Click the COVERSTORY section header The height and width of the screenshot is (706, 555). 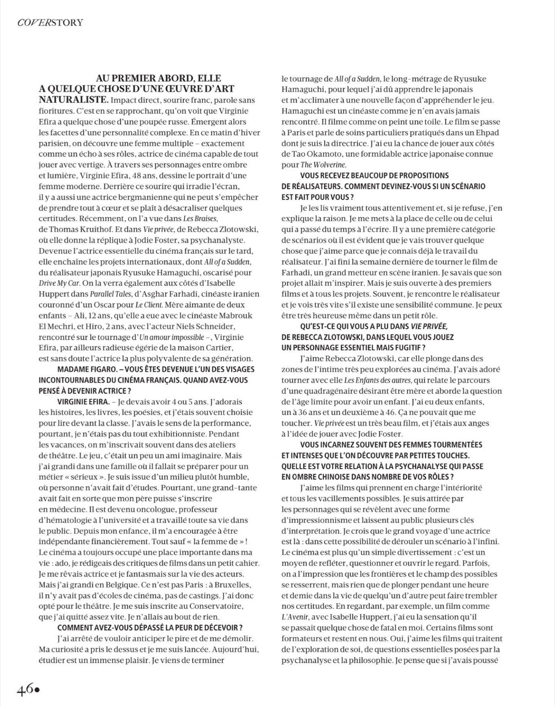pyautogui.click(x=50, y=23)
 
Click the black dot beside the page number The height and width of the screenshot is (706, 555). pyautogui.click(x=37, y=690)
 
